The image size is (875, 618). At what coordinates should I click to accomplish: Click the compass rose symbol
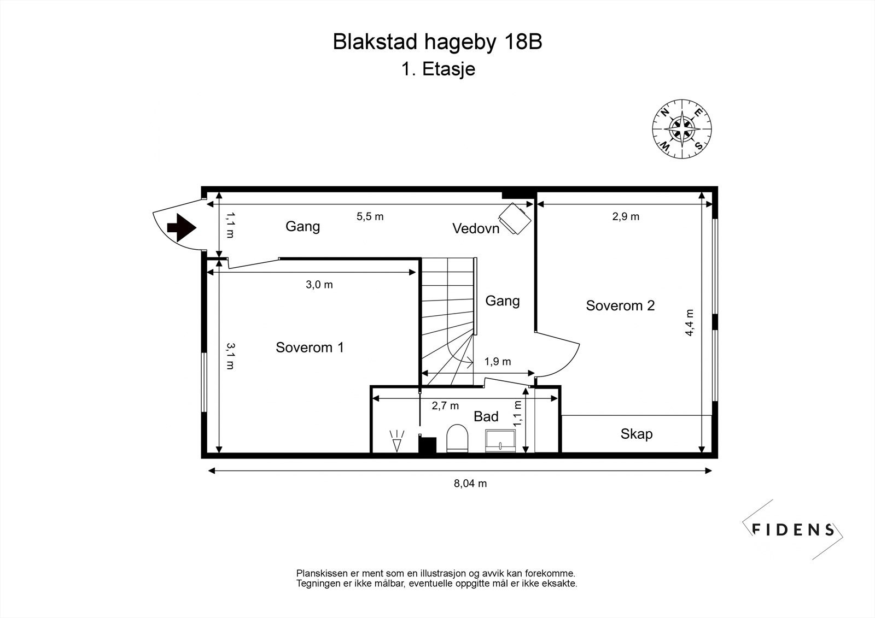pos(681,130)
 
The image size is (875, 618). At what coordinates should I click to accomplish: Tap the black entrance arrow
pos(182,227)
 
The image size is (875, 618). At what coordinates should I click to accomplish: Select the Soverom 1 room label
pos(310,348)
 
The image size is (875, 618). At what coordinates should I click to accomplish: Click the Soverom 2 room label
pos(620,305)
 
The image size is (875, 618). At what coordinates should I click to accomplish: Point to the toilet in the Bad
pos(458,439)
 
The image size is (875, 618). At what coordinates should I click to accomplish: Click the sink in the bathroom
pos(501,440)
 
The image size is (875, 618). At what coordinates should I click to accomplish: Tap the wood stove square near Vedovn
pos(516,218)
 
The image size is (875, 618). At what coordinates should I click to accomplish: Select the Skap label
pos(636,434)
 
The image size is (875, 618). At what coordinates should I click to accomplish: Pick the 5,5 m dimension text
pos(370,216)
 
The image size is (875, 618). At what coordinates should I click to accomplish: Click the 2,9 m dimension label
pos(626,216)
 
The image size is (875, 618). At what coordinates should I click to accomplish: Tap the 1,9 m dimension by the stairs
pos(498,362)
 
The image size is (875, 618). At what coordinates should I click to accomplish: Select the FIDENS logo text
pos(793,529)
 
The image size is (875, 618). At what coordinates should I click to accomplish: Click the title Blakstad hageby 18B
pos(437,42)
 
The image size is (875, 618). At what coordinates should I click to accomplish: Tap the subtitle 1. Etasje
pos(437,69)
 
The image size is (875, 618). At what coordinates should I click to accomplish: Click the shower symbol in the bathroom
pos(397,441)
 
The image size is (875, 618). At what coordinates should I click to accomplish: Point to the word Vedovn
pos(476,228)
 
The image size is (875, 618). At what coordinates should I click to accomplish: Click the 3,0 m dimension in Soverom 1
pos(319,285)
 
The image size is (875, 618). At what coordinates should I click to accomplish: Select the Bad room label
pos(486,416)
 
